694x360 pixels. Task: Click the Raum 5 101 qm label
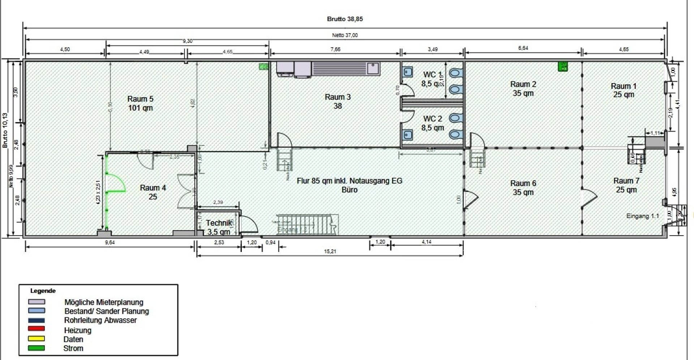tap(140, 103)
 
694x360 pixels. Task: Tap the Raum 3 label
tap(338, 101)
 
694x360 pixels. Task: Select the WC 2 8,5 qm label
tap(432, 123)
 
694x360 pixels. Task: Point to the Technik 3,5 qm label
tap(219, 227)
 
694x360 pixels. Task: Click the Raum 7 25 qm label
tap(626, 185)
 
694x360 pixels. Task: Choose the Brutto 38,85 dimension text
tap(344, 19)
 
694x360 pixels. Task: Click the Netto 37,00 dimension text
tap(345, 35)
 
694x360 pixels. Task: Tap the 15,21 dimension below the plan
tap(330, 251)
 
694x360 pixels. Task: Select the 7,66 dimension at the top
tap(335, 49)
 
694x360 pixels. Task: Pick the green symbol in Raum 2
tap(563, 67)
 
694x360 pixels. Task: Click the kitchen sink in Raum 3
tap(372, 68)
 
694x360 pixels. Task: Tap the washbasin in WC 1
tap(407, 72)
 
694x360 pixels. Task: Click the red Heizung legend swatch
tap(37, 329)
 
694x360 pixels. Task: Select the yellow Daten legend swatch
tap(37, 339)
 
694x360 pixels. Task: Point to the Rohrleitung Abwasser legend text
tap(100, 320)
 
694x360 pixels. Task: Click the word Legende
tap(43, 291)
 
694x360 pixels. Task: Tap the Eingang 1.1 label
tap(642, 216)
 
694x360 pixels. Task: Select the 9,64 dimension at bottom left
tap(110, 243)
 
